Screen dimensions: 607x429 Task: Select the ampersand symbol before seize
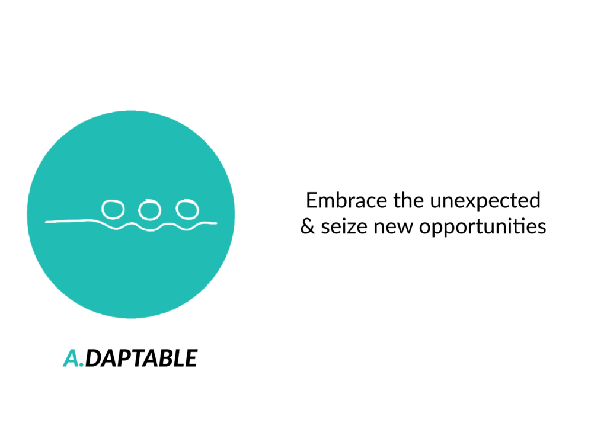tap(308, 226)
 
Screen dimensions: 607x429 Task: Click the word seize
tap(344, 227)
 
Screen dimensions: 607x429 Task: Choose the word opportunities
tap(483, 228)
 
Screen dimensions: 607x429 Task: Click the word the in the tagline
tap(408, 200)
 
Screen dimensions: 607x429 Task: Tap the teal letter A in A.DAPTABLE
tap(71, 358)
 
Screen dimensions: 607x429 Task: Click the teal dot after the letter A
tap(81, 364)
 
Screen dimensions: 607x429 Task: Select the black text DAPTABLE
tap(141, 358)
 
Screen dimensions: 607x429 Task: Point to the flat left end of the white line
tap(46, 222)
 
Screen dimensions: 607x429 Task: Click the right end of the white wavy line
tap(216, 223)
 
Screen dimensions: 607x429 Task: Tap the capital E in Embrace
tap(312, 200)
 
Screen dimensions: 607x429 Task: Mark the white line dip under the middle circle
tap(150, 230)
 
